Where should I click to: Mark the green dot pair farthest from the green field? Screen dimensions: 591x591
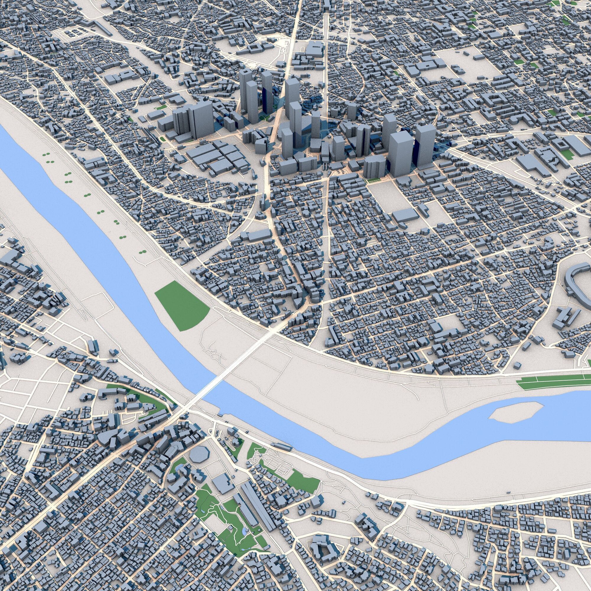pyautogui.click(x=48, y=155)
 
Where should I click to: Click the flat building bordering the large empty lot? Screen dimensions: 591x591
pyautogui.click(x=405, y=215)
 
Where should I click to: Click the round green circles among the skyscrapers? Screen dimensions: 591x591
pyautogui.click(x=262, y=118)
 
